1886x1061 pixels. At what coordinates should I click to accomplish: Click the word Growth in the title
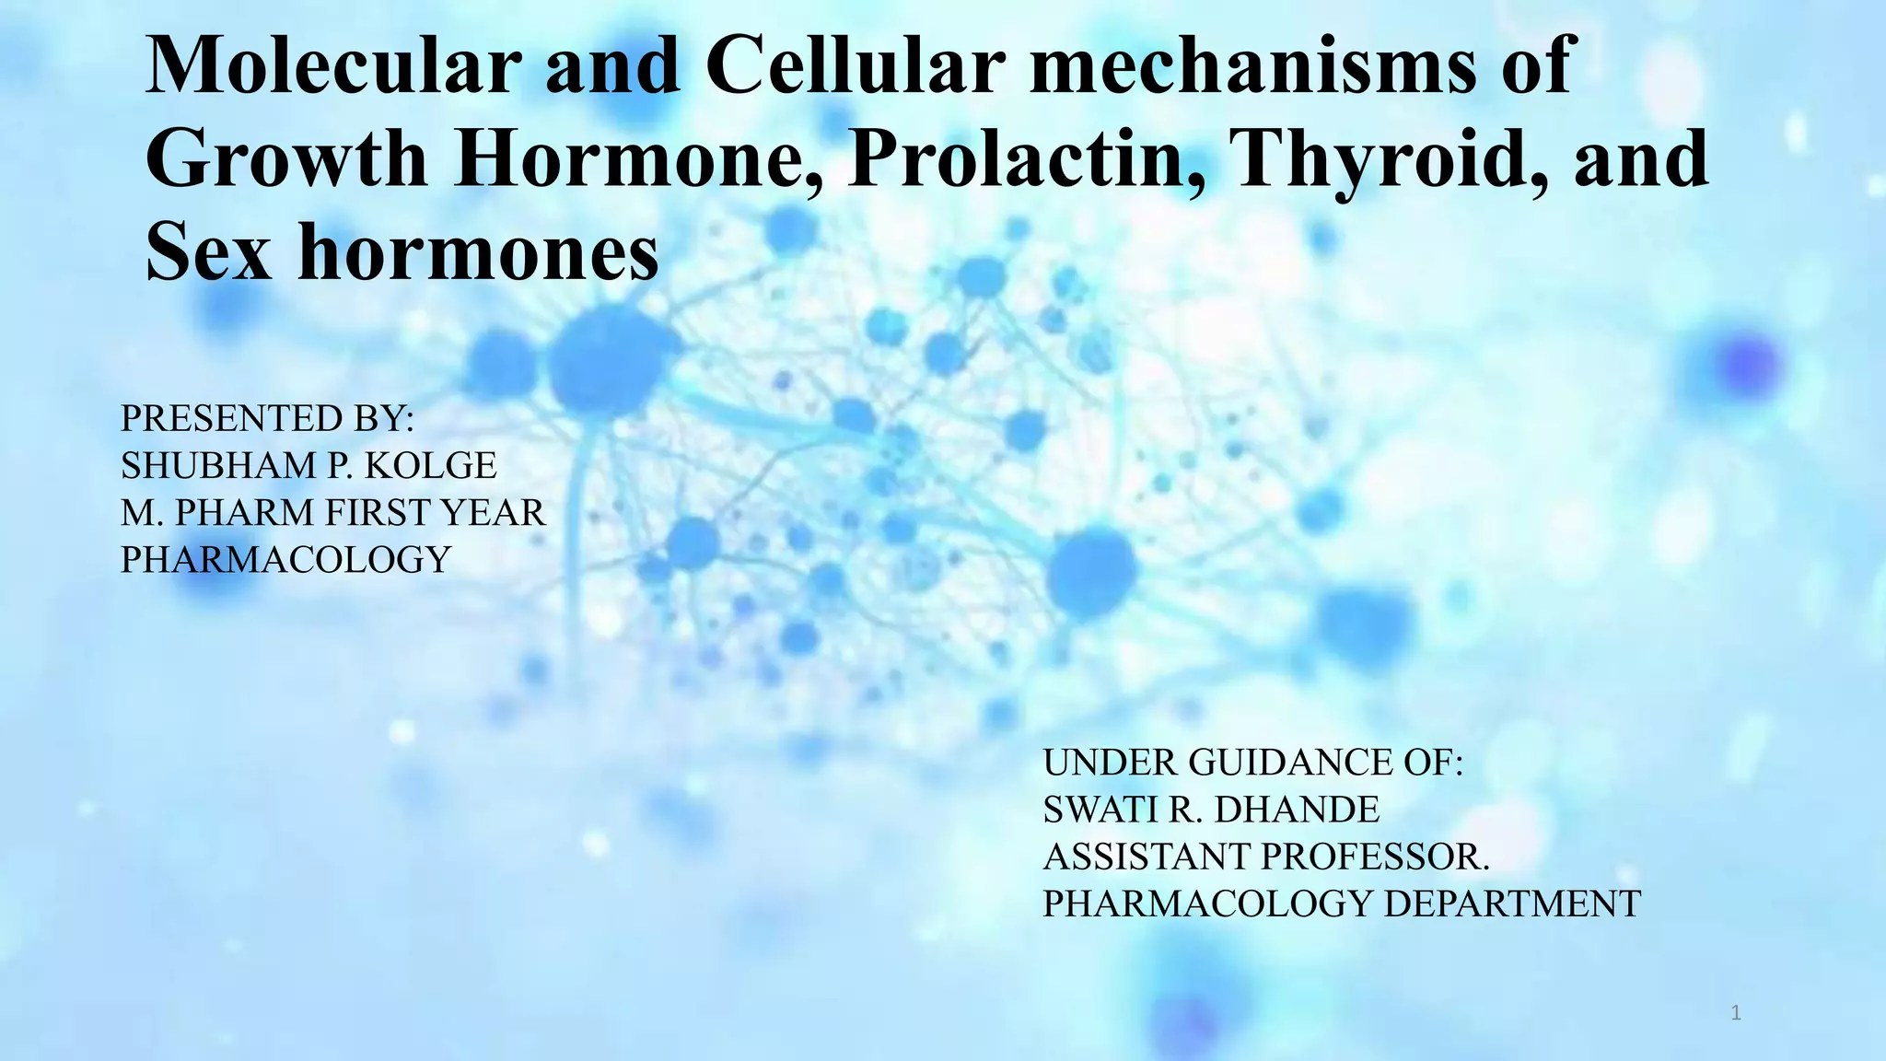[x=286, y=158]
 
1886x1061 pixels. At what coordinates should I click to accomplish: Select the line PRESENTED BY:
[x=267, y=419]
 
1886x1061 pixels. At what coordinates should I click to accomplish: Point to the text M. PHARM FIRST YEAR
[x=332, y=513]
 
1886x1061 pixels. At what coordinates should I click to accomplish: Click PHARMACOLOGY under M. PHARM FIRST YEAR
[x=285, y=560]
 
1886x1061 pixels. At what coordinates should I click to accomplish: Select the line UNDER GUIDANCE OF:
[x=1252, y=763]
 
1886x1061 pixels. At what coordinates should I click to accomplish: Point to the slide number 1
[x=1736, y=1014]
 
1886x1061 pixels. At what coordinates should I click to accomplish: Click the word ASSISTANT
[x=1147, y=857]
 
